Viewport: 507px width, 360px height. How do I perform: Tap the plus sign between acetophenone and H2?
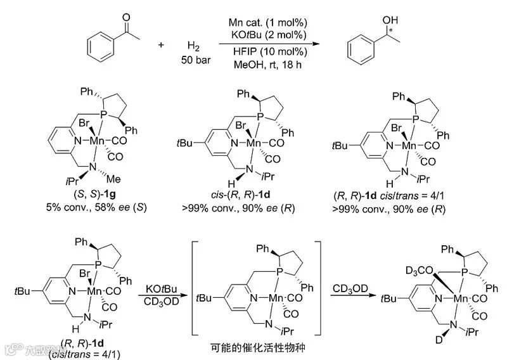coord(160,46)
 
